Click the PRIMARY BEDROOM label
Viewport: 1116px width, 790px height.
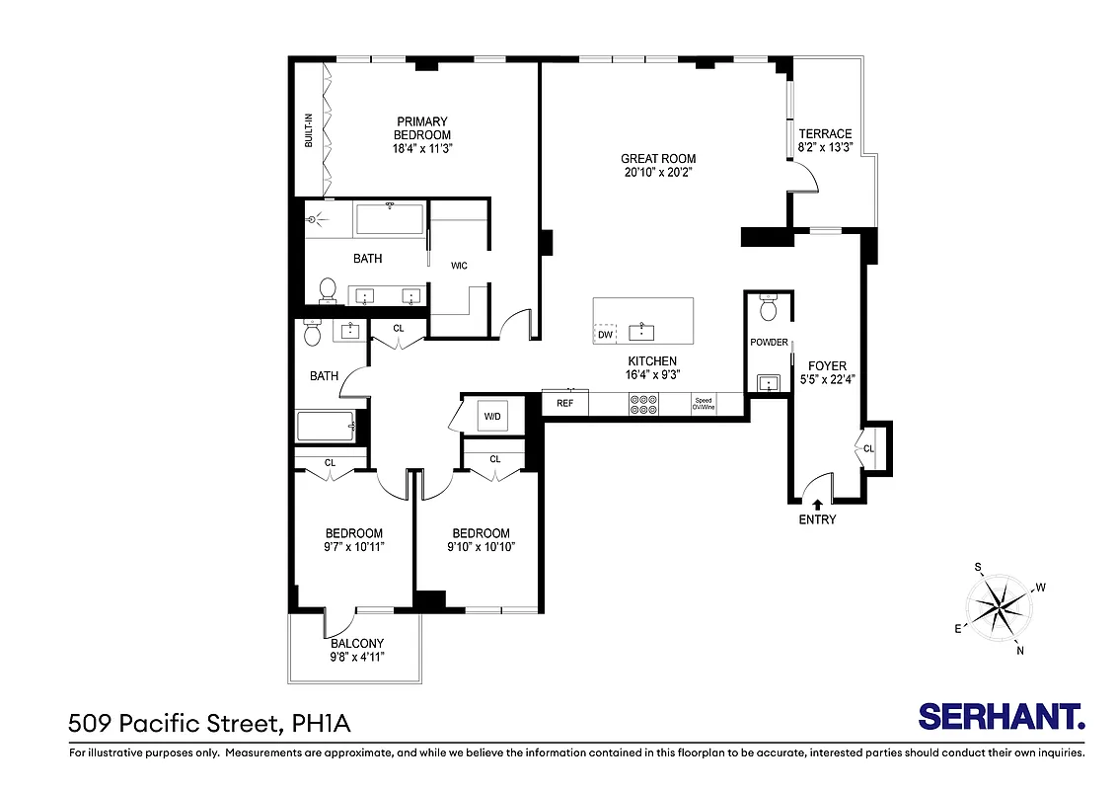pyautogui.click(x=422, y=128)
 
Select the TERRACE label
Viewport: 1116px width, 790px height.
pyautogui.click(x=825, y=134)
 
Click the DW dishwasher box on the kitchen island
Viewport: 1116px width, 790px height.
pyautogui.click(x=605, y=335)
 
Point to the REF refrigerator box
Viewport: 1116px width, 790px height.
pyautogui.click(x=565, y=403)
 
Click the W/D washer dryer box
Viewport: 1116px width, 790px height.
pyautogui.click(x=491, y=417)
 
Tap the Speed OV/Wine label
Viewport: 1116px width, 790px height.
pyautogui.click(x=703, y=404)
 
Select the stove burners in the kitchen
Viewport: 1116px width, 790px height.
pyautogui.click(x=643, y=404)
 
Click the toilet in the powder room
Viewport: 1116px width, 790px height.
pyautogui.click(x=769, y=310)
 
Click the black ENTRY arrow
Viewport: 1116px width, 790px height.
pyautogui.click(x=817, y=505)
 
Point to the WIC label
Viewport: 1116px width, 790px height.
pyautogui.click(x=459, y=266)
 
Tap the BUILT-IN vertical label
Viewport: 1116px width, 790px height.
pyautogui.click(x=309, y=129)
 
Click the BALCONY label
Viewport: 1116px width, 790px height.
pyautogui.click(x=357, y=643)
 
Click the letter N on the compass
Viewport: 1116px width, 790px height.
pyautogui.click(x=1020, y=650)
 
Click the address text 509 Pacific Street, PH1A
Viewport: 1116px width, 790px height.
pyautogui.click(x=209, y=725)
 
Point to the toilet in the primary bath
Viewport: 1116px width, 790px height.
pyautogui.click(x=328, y=290)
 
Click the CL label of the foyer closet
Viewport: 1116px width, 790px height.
pyautogui.click(x=868, y=448)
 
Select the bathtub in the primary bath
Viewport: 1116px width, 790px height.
pyautogui.click(x=390, y=218)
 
